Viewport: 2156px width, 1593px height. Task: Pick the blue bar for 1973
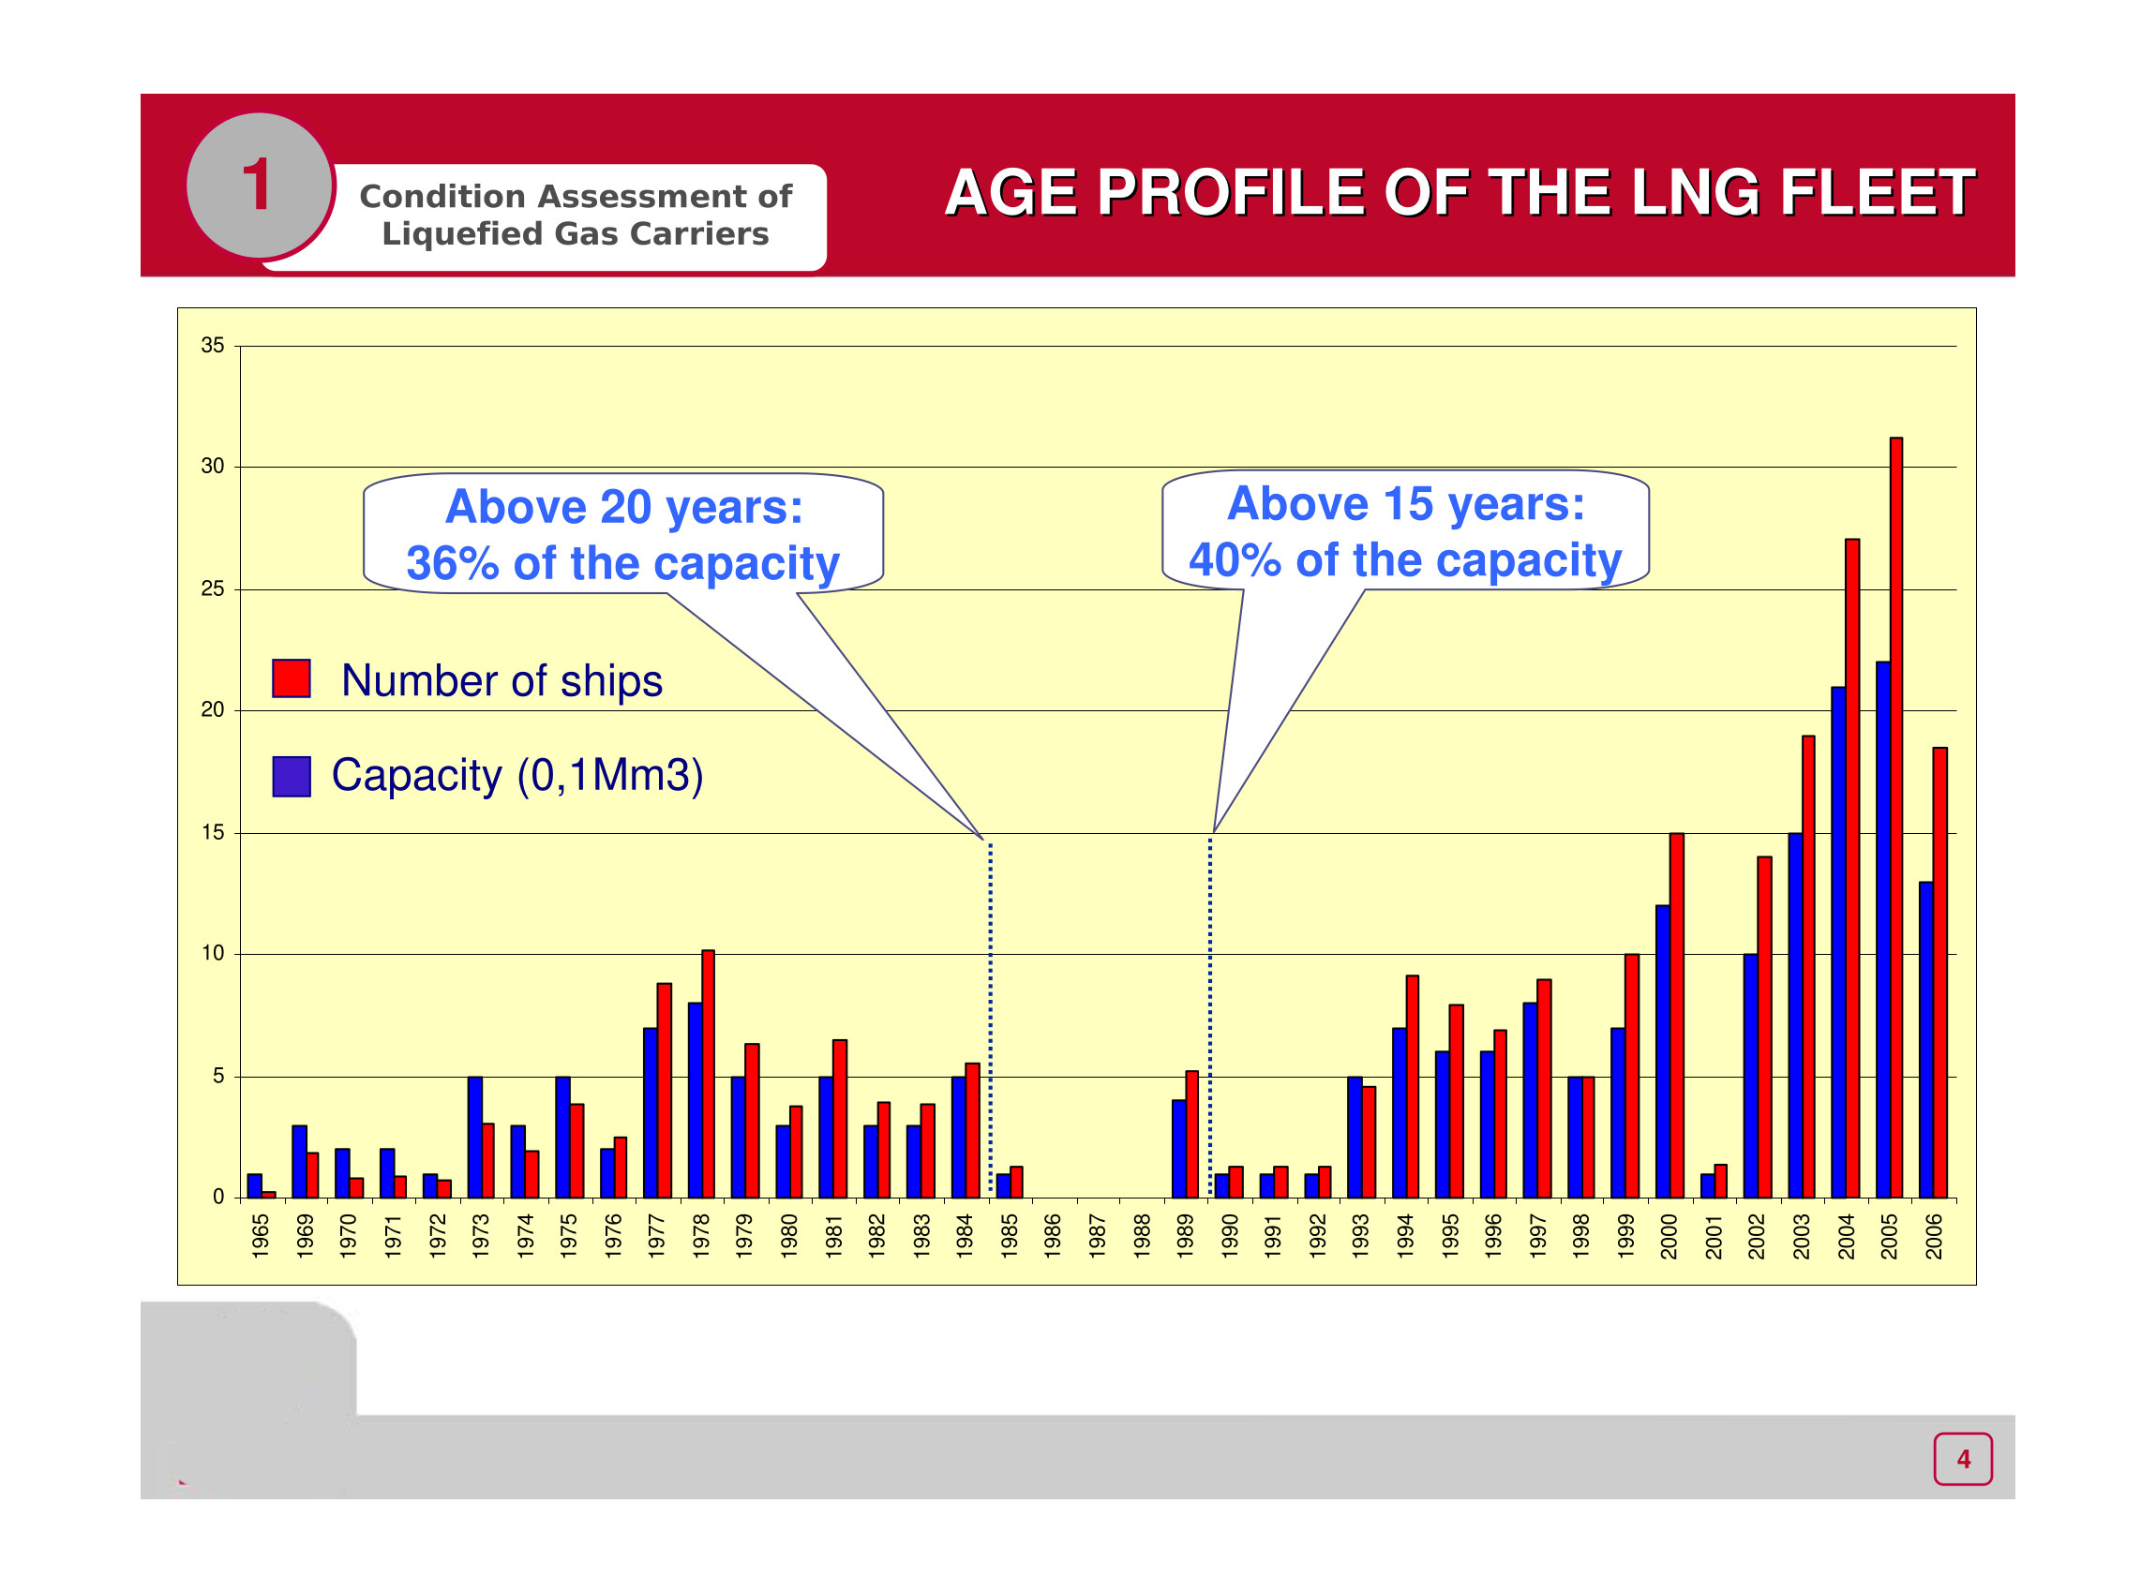pyautogui.click(x=474, y=1137)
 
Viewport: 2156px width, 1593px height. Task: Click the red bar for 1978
pyautogui.click(x=708, y=1074)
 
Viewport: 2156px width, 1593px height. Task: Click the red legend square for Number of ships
pyautogui.click(x=292, y=677)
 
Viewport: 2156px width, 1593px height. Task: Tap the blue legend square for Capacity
pyautogui.click(x=292, y=776)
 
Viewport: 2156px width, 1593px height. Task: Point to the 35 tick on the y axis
pyautogui.click(x=212, y=345)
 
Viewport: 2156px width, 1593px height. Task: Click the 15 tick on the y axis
pyautogui.click(x=212, y=832)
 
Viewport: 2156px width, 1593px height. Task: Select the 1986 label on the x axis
pyautogui.click(x=1053, y=1235)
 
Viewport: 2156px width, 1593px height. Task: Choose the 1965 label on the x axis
pyautogui.click(x=260, y=1235)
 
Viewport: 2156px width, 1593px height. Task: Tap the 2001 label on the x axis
pyautogui.click(x=1714, y=1235)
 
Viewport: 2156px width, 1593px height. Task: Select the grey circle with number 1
pyautogui.click(x=259, y=185)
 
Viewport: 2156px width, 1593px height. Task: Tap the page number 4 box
pyautogui.click(x=1962, y=1459)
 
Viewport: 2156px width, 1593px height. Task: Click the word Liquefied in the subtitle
pyautogui.click(x=450, y=233)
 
